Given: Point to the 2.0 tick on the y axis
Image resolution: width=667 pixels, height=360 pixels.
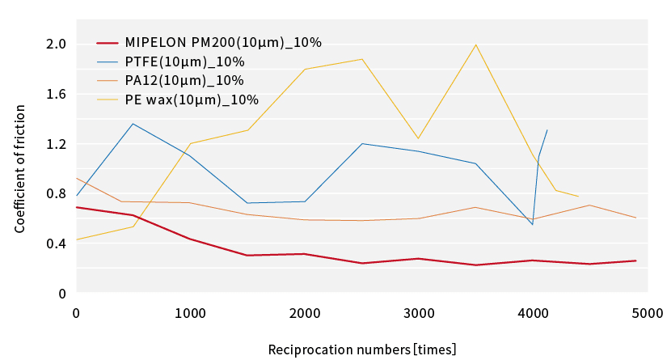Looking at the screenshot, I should pos(56,44).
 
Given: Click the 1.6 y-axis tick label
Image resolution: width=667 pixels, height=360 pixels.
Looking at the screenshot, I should pos(56,94).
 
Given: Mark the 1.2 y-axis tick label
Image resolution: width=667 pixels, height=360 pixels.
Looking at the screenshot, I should pos(56,144).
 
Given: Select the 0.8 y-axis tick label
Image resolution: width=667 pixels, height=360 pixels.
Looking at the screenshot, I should pos(56,193).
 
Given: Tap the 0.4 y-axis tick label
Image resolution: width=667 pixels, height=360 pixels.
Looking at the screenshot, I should pos(56,244).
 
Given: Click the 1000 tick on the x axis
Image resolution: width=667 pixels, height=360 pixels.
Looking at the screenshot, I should pos(190,313).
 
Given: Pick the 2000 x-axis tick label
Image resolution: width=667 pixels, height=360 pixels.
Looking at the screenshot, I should pos(304,313).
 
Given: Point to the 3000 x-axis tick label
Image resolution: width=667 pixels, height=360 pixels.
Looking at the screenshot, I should pos(418,313).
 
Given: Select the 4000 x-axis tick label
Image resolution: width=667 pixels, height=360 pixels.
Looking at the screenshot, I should pos(532,313).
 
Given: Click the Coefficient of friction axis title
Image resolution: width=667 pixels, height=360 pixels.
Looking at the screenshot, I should pos(20,168).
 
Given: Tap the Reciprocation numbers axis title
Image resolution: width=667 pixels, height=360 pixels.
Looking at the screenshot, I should pos(362,349).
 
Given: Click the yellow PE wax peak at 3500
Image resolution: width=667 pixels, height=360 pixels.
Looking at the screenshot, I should pos(475,44).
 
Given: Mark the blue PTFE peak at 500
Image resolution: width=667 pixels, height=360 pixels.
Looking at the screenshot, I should pos(133,124).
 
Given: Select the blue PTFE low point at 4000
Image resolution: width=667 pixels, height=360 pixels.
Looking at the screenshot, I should pos(532,224).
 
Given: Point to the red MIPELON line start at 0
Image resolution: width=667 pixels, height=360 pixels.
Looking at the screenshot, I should pos(77,207).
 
